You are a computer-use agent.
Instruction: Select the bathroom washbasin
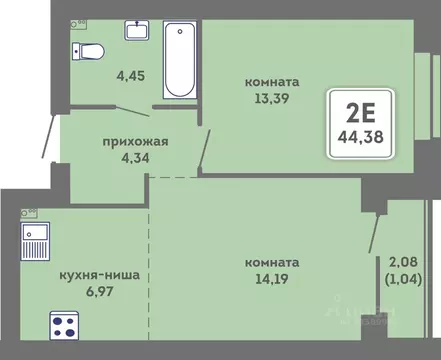point(137,30)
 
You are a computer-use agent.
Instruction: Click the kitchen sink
point(36,241)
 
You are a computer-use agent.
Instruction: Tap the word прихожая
point(134,141)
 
